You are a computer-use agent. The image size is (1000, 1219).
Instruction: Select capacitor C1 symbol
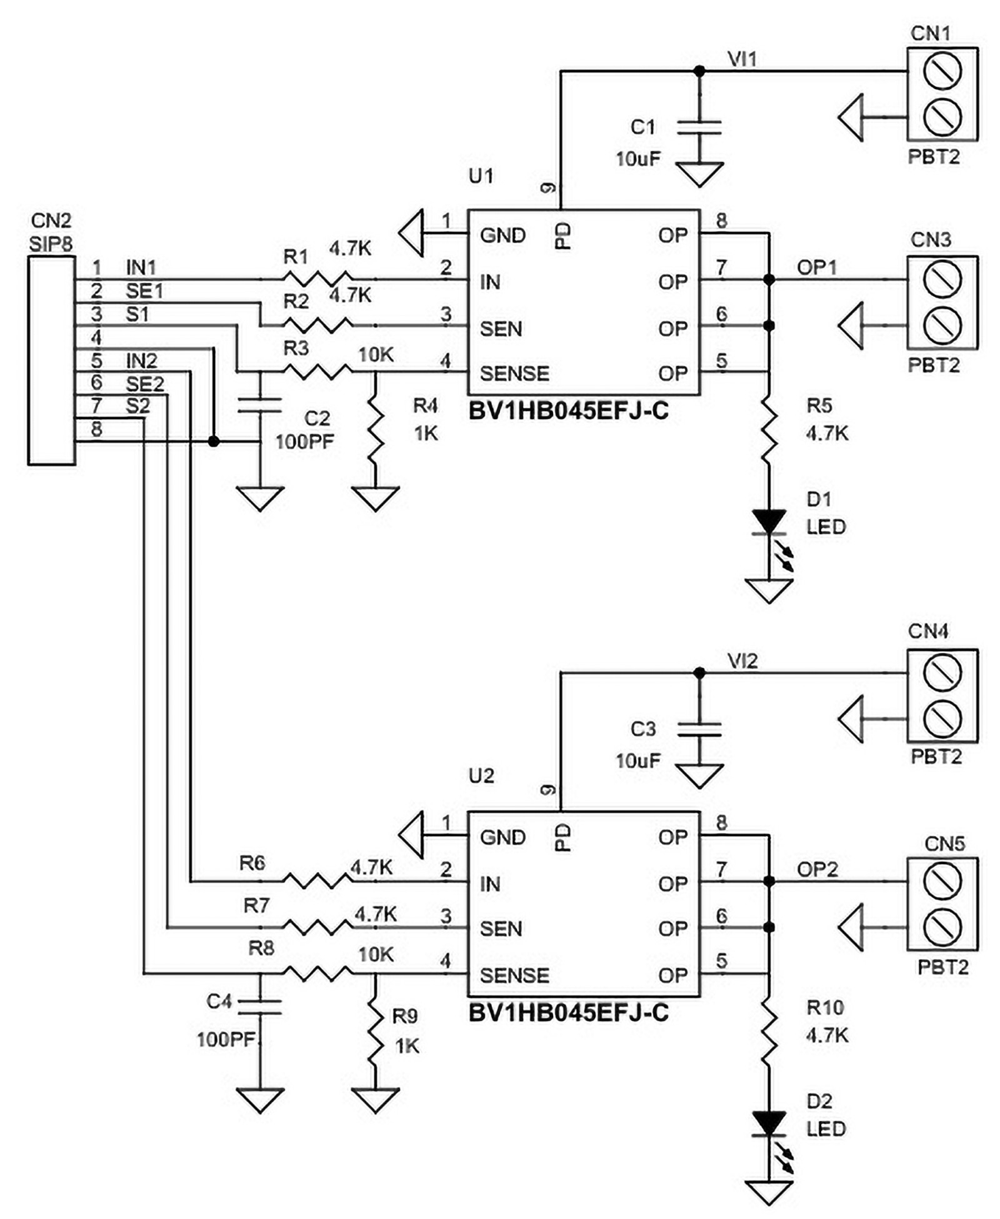pyautogui.click(x=699, y=127)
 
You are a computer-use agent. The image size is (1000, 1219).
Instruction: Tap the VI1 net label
pyautogui.click(x=742, y=59)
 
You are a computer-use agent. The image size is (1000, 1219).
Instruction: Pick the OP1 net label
pyautogui.click(x=816, y=267)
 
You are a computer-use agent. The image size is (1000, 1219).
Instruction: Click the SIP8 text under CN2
pyautogui.click(x=51, y=244)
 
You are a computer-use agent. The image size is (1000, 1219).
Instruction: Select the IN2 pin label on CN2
pyautogui.click(x=141, y=361)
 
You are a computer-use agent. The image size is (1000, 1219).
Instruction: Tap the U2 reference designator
pyautogui.click(x=481, y=776)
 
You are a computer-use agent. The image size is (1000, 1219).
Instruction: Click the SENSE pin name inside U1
pyautogui.click(x=514, y=374)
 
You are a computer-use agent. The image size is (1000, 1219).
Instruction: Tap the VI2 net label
pyautogui.click(x=742, y=661)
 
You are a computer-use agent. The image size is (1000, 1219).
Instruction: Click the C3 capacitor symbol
pyautogui.click(x=699, y=729)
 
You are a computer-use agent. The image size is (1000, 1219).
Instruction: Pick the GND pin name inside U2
pyautogui.click(x=502, y=837)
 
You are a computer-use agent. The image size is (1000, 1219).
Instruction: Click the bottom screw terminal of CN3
pyautogui.click(x=941, y=326)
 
